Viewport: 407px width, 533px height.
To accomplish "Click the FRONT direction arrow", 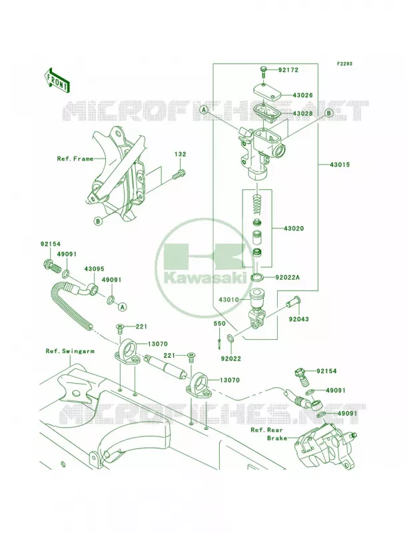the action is tap(57, 80).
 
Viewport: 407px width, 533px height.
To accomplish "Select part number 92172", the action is tap(288, 70).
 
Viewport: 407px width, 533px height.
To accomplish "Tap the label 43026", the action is tap(302, 95).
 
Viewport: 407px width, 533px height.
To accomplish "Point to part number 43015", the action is tap(340, 165).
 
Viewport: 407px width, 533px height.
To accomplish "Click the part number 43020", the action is tap(294, 229).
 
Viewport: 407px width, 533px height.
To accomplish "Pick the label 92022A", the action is tap(287, 277).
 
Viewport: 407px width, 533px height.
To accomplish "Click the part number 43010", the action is tap(228, 300).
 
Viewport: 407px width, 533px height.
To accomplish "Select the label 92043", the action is tap(299, 319).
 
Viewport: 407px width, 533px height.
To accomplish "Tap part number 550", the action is tap(219, 324).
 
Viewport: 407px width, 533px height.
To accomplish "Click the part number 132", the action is tap(181, 155).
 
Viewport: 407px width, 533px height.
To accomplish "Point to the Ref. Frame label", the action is tap(75, 159).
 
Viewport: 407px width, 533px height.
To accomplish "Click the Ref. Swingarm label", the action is tap(70, 351).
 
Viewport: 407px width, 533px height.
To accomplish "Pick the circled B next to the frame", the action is tap(98, 221).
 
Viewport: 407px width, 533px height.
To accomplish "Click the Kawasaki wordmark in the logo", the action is tap(205, 278).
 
